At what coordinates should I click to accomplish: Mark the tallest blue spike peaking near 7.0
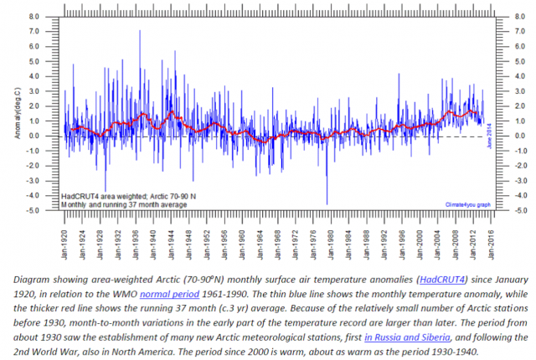[x=140, y=31]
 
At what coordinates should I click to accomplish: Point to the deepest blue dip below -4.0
[x=327, y=203]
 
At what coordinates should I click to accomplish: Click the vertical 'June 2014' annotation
[x=488, y=134]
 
